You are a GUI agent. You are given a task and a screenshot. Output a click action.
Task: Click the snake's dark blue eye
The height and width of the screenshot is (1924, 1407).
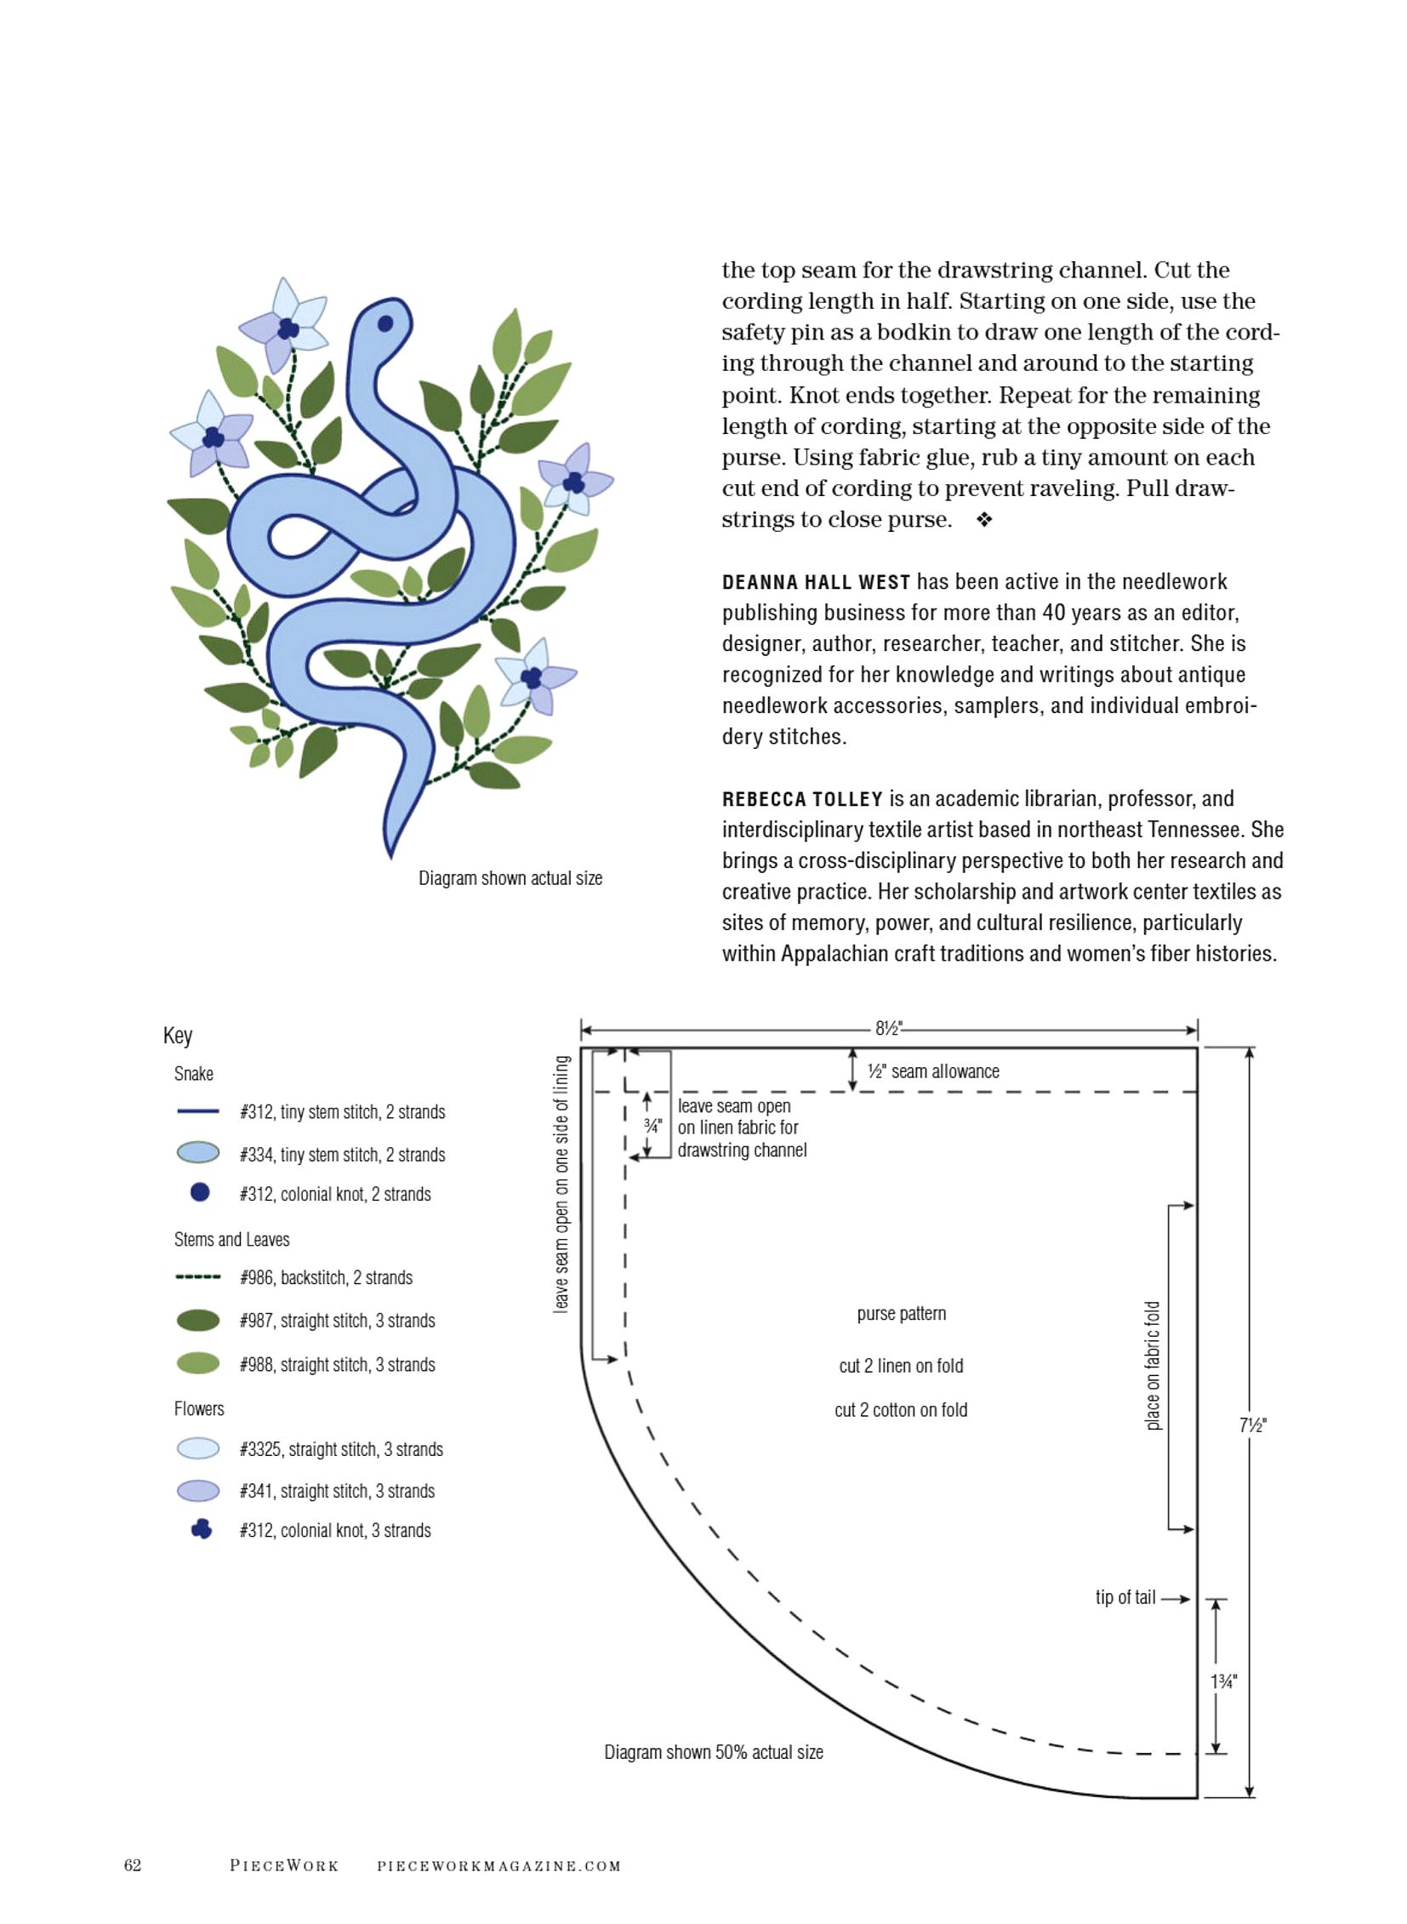(x=385, y=324)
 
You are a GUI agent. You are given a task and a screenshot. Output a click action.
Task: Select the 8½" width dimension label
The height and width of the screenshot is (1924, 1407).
(x=888, y=1029)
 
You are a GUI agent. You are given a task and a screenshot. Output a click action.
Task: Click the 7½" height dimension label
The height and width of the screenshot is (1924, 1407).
(x=1252, y=1424)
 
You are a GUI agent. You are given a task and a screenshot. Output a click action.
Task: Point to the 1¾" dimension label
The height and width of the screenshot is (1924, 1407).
(x=1223, y=1681)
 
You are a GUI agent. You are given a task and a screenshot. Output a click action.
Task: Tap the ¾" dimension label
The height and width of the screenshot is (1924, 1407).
(x=652, y=1126)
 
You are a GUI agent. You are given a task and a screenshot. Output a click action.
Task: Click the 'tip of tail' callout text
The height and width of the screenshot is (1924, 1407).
(x=1125, y=1597)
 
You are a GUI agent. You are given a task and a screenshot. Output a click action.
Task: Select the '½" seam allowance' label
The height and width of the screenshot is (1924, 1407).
(x=932, y=1072)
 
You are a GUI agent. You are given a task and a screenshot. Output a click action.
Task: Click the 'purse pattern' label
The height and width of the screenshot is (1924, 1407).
(x=901, y=1314)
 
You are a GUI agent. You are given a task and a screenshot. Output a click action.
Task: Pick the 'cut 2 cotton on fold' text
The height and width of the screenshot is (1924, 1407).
(x=900, y=1410)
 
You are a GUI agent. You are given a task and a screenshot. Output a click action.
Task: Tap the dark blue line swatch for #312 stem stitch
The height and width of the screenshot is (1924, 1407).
(x=197, y=1111)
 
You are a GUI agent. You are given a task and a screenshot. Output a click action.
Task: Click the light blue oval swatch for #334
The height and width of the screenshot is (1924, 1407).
(x=197, y=1153)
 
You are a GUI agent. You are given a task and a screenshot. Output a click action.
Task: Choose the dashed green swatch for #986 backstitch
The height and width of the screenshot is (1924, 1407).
(x=197, y=1277)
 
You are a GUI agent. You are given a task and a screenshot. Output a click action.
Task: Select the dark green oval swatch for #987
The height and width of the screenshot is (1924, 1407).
(x=197, y=1320)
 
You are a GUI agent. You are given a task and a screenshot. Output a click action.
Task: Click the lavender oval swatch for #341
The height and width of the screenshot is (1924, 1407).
(x=197, y=1490)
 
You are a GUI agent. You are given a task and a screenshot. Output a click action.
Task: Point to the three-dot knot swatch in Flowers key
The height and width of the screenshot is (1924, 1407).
(x=201, y=1529)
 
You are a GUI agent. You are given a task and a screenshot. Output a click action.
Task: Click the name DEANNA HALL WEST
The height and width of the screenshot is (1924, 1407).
(x=816, y=583)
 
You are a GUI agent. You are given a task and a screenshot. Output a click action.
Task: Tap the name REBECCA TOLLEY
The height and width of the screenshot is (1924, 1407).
(x=802, y=799)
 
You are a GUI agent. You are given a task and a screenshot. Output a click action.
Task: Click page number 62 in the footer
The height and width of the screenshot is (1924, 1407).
(x=133, y=1865)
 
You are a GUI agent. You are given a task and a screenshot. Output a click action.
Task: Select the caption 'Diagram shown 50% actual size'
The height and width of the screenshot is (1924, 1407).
(x=714, y=1752)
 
